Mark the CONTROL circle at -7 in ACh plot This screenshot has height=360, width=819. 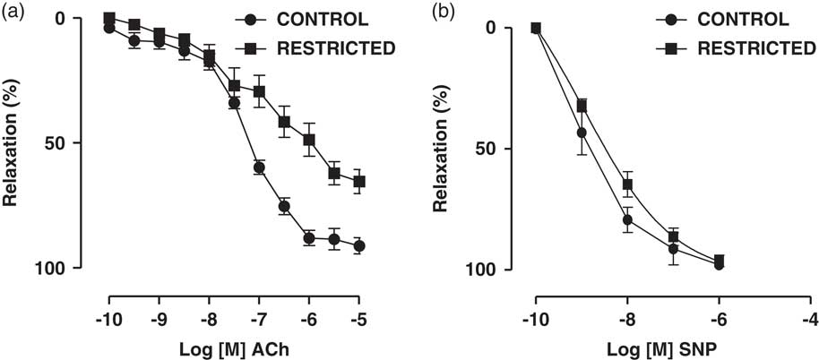[x=259, y=167]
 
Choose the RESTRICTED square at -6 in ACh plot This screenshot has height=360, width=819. [x=309, y=140]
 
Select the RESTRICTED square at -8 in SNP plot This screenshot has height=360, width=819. [x=627, y=184]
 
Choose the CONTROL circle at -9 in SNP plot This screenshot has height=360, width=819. [x=582, y=133]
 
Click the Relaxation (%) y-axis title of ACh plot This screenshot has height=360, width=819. [x=13, y=143]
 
